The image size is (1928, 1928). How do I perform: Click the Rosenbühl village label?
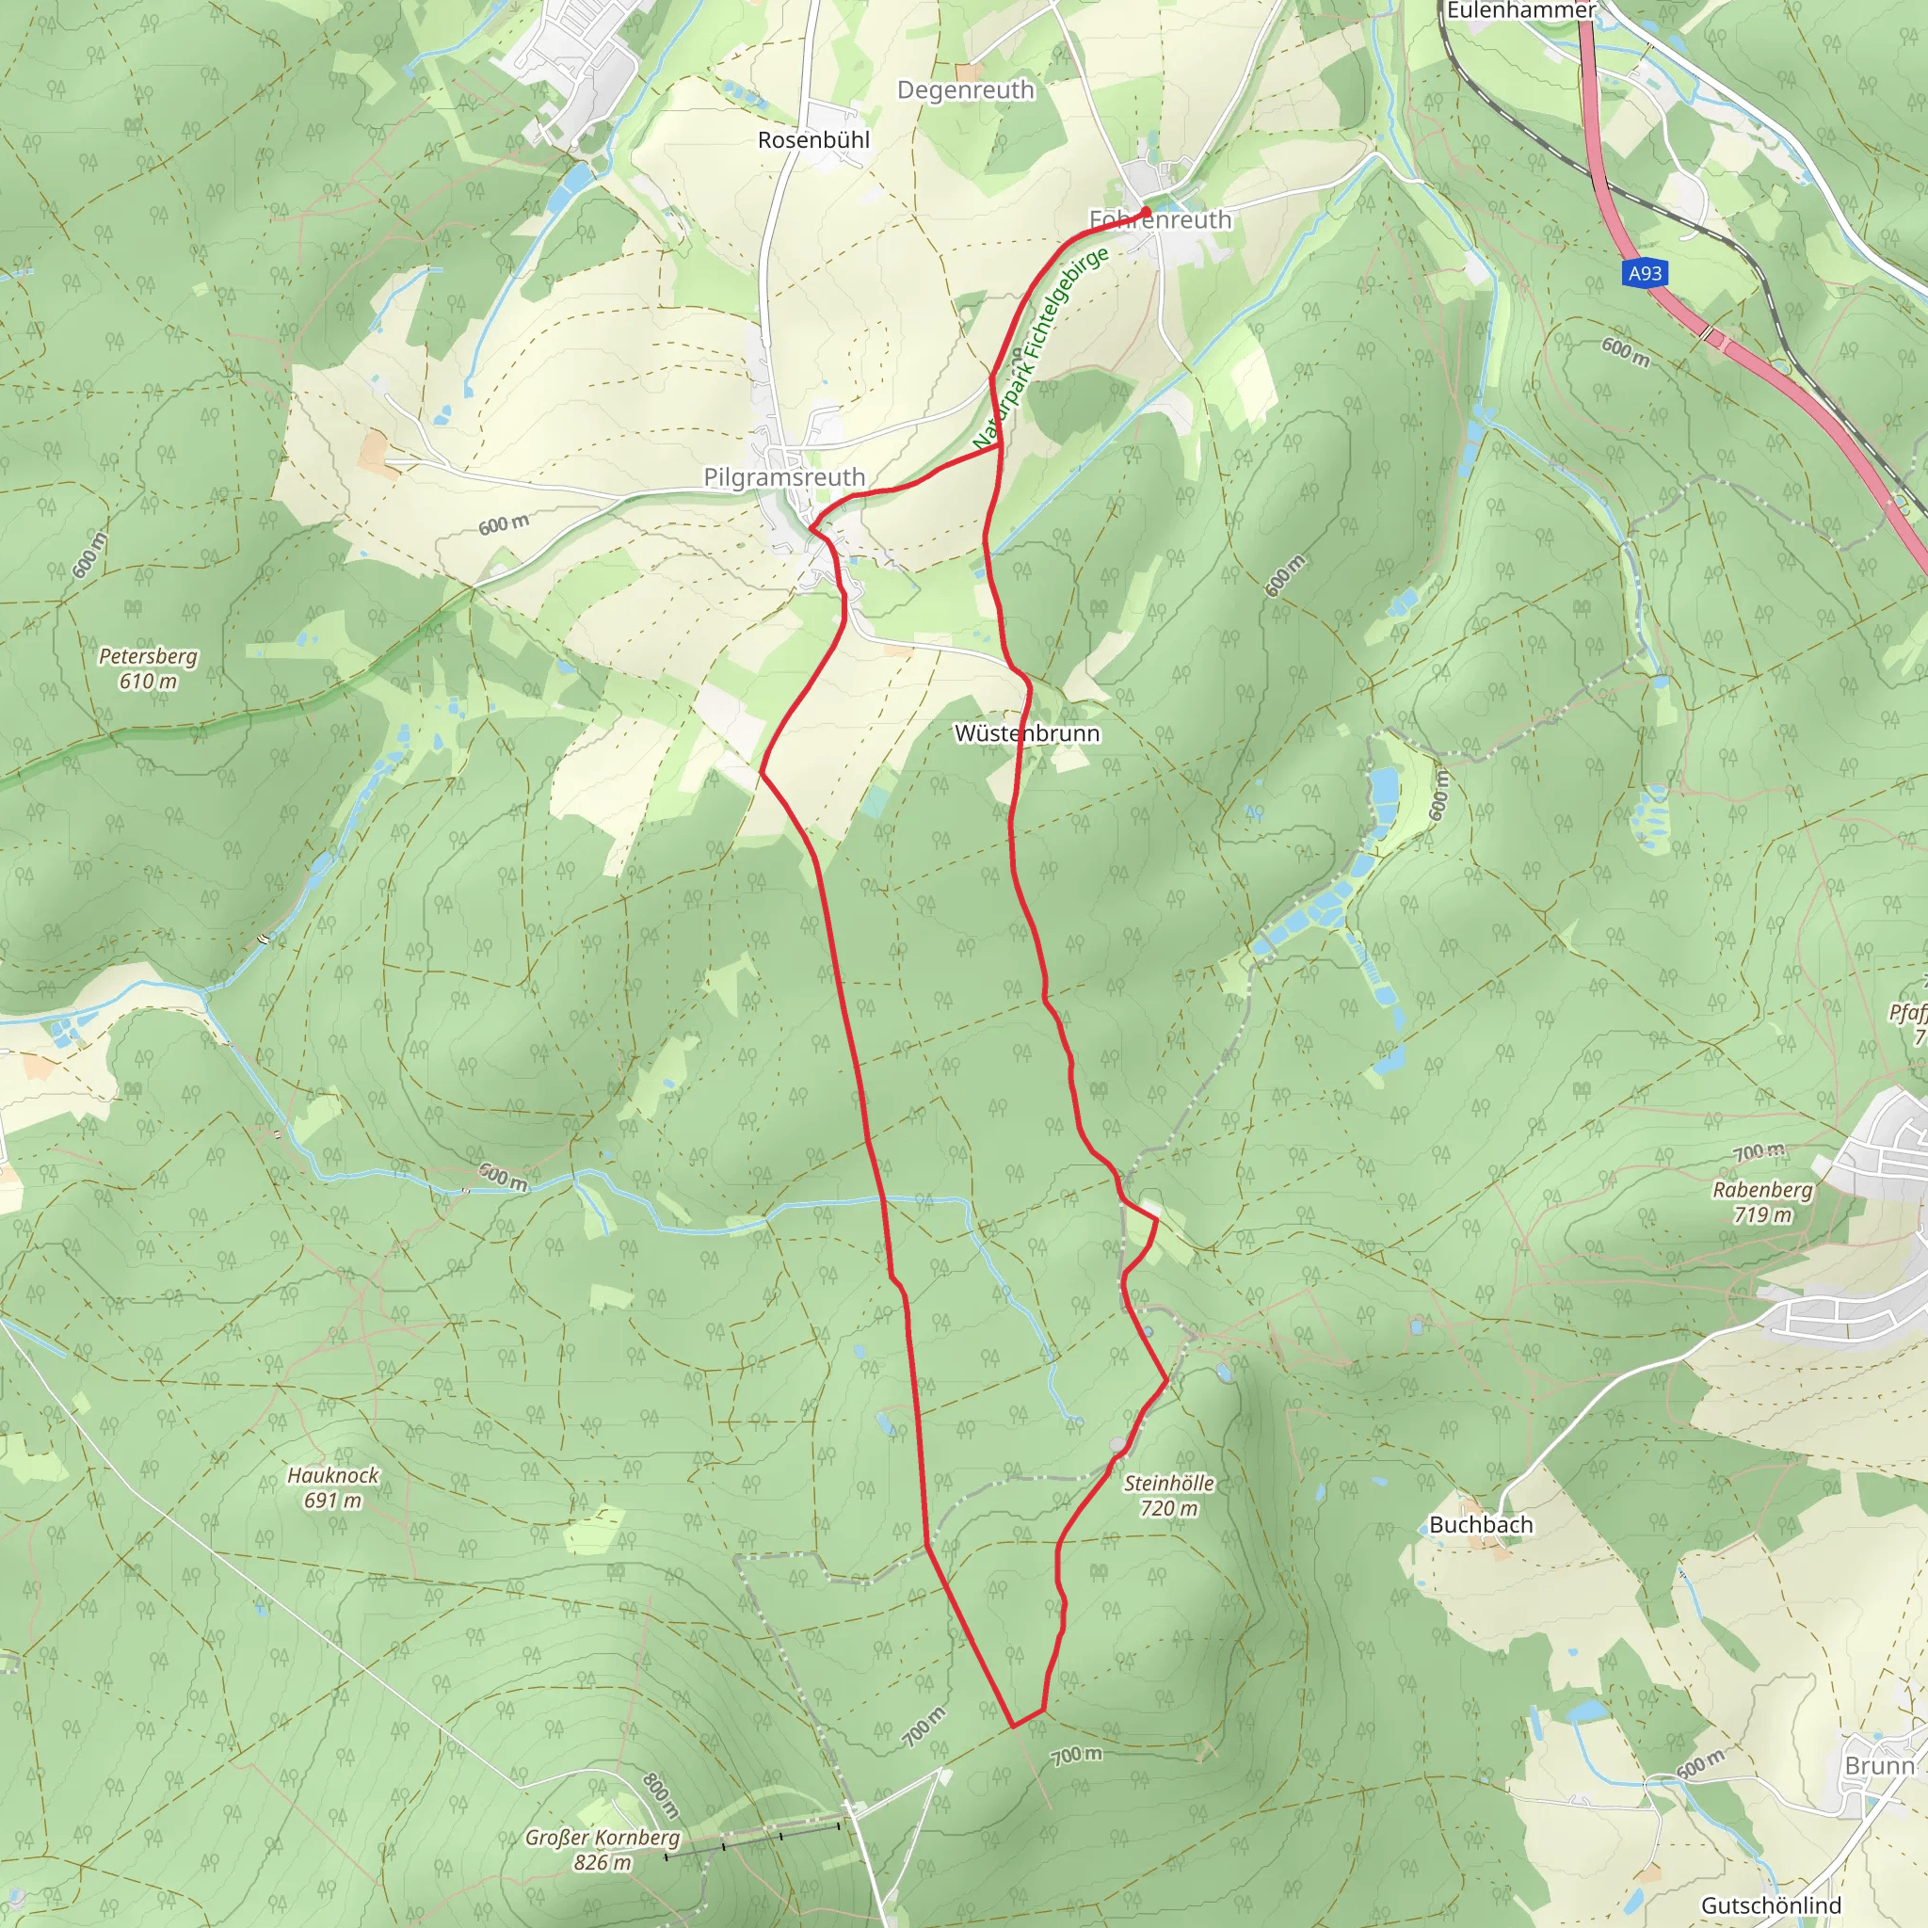coord(813,139)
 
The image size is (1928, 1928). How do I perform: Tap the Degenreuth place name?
coord(965,89)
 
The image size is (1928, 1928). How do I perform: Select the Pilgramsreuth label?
coord(784,477)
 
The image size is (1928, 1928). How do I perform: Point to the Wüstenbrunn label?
coord(1027,733)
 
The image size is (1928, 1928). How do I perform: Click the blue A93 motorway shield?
coord(1645,273)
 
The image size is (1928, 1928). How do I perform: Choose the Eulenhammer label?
coord(1521,10)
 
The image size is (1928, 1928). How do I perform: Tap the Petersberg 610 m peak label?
coord(148,668)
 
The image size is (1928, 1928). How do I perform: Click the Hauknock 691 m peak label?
coord(333,1486)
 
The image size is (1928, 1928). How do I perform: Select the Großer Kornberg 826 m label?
coord(602,1849)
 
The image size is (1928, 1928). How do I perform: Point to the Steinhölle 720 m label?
coord(1168,1495)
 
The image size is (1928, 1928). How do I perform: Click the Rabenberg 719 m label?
coord(1762,1201)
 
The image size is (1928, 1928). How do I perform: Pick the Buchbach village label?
coord(1481,1525)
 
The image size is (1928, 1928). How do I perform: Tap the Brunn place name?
coord(1880,1765)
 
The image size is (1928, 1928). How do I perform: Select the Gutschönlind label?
coord(1772,1905)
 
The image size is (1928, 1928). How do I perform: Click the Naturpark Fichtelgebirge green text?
coord(1041,348)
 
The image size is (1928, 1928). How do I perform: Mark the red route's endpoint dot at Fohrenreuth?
coord(1147,211)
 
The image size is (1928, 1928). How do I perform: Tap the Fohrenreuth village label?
coord(1161,219)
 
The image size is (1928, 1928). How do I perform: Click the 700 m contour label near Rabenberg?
coord(1759,1152)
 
